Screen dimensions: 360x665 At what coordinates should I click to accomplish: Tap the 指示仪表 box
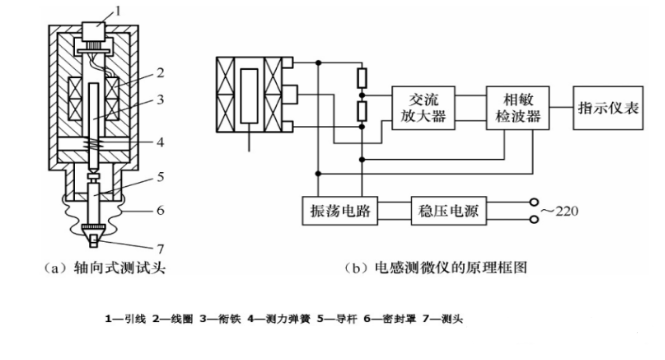pyautogui.click(x=607, y=106)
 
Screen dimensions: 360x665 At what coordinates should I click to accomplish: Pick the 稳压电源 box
pyautogui.click(x=447, y=211)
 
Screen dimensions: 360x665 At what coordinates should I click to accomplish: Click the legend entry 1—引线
pyautogui.click(x=124, y=320)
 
